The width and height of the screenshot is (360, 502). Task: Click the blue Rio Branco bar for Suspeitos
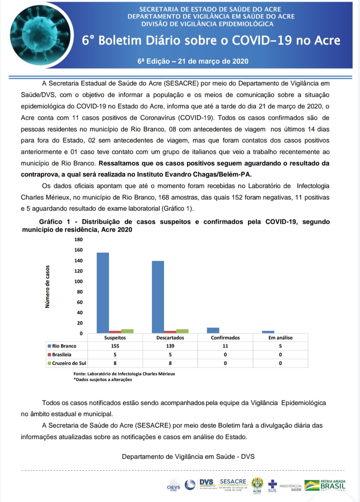[103, 293]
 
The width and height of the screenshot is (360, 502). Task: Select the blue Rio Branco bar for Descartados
[158, 297]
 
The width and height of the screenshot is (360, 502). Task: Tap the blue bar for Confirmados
[213, 330]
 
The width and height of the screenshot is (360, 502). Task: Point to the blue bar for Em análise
[268, 332]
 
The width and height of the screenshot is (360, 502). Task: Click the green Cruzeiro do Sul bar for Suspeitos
[127, 331]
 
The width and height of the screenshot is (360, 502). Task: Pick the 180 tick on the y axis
[78, 240]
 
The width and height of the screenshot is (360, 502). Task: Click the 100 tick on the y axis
[78, 281]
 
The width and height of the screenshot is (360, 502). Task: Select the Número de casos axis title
[48, 287]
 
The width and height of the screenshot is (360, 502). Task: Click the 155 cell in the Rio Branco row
[115, 346]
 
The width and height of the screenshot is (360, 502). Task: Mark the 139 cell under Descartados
[170, 346]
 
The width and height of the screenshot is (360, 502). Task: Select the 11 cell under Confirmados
[225, 346]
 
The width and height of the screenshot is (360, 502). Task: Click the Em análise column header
[280, 338]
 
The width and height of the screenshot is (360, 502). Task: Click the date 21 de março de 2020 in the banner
[213, 61]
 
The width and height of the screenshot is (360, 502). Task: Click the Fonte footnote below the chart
[124, 374]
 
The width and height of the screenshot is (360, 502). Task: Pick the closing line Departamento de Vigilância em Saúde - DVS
[188, 456]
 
